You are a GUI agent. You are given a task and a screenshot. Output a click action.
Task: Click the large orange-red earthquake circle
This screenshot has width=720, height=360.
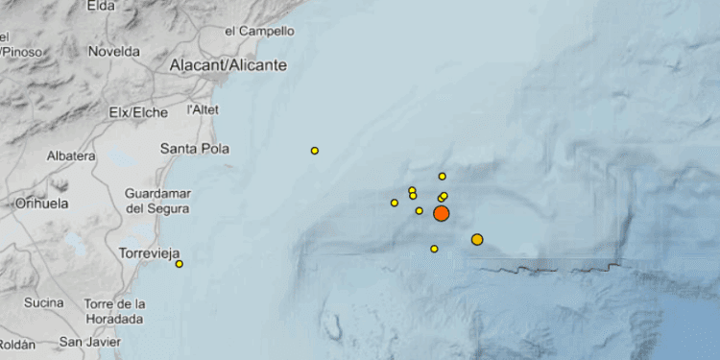click(x=441, y=213)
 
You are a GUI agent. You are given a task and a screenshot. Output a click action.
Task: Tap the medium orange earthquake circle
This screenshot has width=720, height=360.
click(x=477, y=239)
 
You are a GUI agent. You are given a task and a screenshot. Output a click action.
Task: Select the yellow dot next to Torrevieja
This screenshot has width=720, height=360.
click(x=180, y=264)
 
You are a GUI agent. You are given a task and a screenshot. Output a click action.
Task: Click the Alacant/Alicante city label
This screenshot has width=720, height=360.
click(x=228, y=65)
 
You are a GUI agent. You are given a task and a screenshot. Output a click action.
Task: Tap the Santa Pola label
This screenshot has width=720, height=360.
click(x=191, y=148)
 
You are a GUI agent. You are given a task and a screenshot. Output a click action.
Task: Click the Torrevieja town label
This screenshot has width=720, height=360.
click(x=150, y=253)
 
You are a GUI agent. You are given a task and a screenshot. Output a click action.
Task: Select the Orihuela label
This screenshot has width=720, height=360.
click(x=41, y=204)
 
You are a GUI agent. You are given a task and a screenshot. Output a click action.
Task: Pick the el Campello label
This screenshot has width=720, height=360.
click(x=259, y=31)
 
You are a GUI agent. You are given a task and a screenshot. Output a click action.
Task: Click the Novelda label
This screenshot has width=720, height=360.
click(x=114, y=52)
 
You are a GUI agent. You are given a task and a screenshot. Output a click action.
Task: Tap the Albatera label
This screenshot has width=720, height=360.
click(x=70, y=156)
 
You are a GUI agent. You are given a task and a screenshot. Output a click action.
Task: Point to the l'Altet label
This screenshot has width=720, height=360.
click(x=204, y=109)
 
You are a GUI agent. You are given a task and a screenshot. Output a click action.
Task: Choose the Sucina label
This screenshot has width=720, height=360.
click(x=43, y=303)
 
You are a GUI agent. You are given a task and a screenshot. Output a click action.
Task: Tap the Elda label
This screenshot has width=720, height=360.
click(x=100, y=6)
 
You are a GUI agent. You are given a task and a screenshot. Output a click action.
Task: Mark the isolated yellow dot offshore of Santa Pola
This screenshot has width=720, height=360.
click(x=315, y=151)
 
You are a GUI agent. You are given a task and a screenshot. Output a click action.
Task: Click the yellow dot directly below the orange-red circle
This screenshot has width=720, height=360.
click(x=434, y=249)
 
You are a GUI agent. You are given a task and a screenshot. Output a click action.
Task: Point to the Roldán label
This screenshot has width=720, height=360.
click(x=16, y=344)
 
